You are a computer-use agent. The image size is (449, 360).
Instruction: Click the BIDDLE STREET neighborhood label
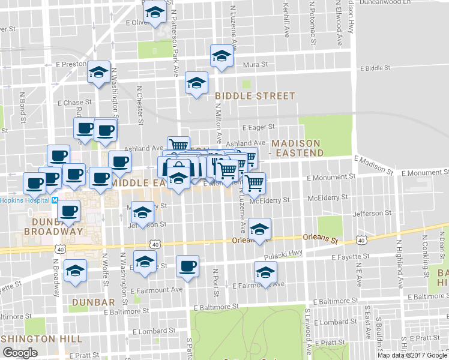(x=255, y=96)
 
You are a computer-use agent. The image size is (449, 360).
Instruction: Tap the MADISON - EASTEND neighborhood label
(x=298, y=148)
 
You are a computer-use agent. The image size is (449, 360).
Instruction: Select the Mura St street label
(x=255, y=64)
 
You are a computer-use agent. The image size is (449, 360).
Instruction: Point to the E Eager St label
(x=258, y=127)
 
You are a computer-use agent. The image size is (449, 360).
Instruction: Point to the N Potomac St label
(x=313, y=23)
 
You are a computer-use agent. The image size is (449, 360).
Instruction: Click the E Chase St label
(x=74, y=103)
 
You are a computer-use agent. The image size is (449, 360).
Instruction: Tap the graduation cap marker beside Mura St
(x=221, y=56)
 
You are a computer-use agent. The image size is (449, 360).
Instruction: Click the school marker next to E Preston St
(x=98, y=72)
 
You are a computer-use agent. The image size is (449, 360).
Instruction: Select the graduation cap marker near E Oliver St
(x=155, y=13)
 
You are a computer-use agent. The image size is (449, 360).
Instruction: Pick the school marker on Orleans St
(x=259, y=229)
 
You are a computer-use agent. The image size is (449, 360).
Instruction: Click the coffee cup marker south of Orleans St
(x=187, y=266)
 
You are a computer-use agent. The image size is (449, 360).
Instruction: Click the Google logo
(x=20, y=353)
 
